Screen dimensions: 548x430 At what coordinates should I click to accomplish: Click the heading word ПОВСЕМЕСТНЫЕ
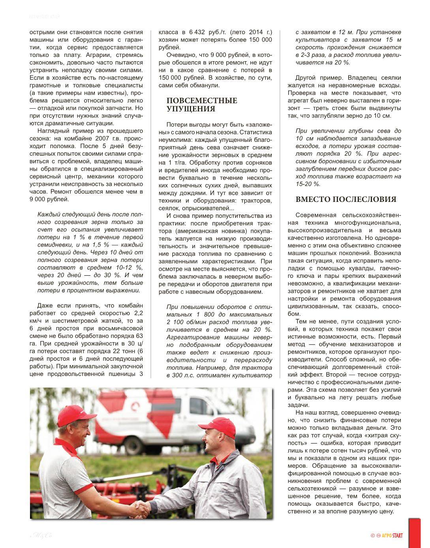point(202,100)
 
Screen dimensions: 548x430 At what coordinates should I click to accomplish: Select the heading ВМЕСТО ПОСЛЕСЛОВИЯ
point(346,200)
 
